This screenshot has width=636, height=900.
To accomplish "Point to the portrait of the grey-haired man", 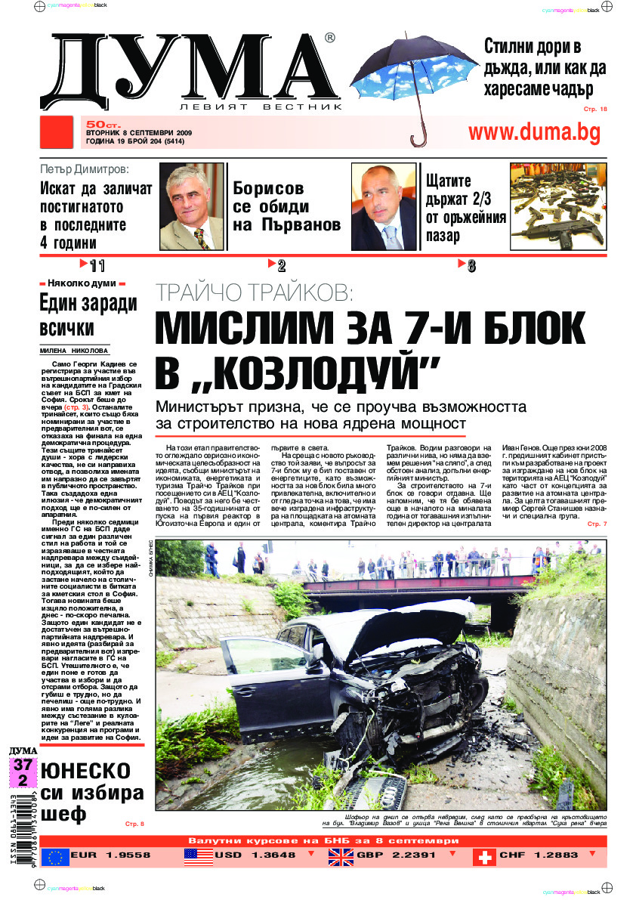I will (191, 206).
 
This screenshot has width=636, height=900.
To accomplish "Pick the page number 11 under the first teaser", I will (96, 265).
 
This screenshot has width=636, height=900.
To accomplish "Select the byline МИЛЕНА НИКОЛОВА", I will (74, 351).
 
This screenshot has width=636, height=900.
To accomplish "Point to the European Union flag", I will (55, 856).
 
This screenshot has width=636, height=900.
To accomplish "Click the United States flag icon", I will (198, 856).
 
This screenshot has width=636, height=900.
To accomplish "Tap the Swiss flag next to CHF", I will (483, 856).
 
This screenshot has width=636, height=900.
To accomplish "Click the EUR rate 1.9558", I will (122, 856).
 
